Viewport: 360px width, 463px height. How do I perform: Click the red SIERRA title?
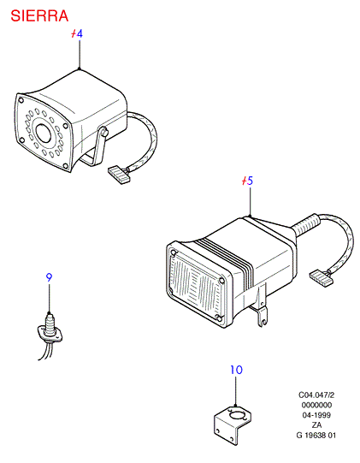click(x=39, y=16)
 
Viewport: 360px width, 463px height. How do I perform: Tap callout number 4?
click(x=80, y=33)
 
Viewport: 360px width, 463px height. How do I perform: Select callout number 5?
click(x=250, y=181)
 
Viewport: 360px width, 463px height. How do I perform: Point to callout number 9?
click(x=49, y=277)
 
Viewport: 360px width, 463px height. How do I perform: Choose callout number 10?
click(x=236, y=370)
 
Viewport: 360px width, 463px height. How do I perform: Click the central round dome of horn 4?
click(x=44, y=133)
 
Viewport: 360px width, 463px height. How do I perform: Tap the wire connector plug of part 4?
click(x=120, y=175)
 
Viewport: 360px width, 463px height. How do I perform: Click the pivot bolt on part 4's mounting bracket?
click(x=103, y=132)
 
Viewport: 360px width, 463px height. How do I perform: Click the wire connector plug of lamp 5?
click(x=321, y=278)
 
